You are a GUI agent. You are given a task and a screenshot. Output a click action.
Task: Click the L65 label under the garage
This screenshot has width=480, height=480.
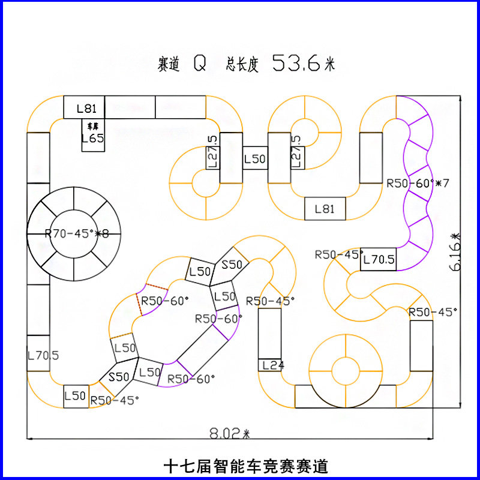[92, 138]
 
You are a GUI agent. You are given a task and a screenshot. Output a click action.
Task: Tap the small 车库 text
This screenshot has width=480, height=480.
[92, 127]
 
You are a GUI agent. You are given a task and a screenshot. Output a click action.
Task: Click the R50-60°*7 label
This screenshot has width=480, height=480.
[418, 183]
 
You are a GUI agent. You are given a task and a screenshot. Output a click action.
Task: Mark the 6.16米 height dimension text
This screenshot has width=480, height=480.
[455, 253]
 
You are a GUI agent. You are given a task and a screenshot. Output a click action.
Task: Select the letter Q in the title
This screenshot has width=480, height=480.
[199, 64]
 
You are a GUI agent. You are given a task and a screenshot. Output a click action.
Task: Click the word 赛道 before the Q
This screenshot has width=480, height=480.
[169, 65]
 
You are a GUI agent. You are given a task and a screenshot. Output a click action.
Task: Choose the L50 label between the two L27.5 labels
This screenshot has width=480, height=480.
[254, 159]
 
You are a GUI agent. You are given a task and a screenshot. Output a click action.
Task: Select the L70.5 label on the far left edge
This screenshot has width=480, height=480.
[43, 355]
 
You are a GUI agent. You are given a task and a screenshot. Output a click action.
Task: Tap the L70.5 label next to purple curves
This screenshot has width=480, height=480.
[378, 260]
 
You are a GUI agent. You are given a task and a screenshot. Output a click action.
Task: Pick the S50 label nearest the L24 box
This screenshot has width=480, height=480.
[232, 265]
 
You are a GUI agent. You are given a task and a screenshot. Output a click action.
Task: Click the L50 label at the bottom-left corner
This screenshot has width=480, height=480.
[76, 396]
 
